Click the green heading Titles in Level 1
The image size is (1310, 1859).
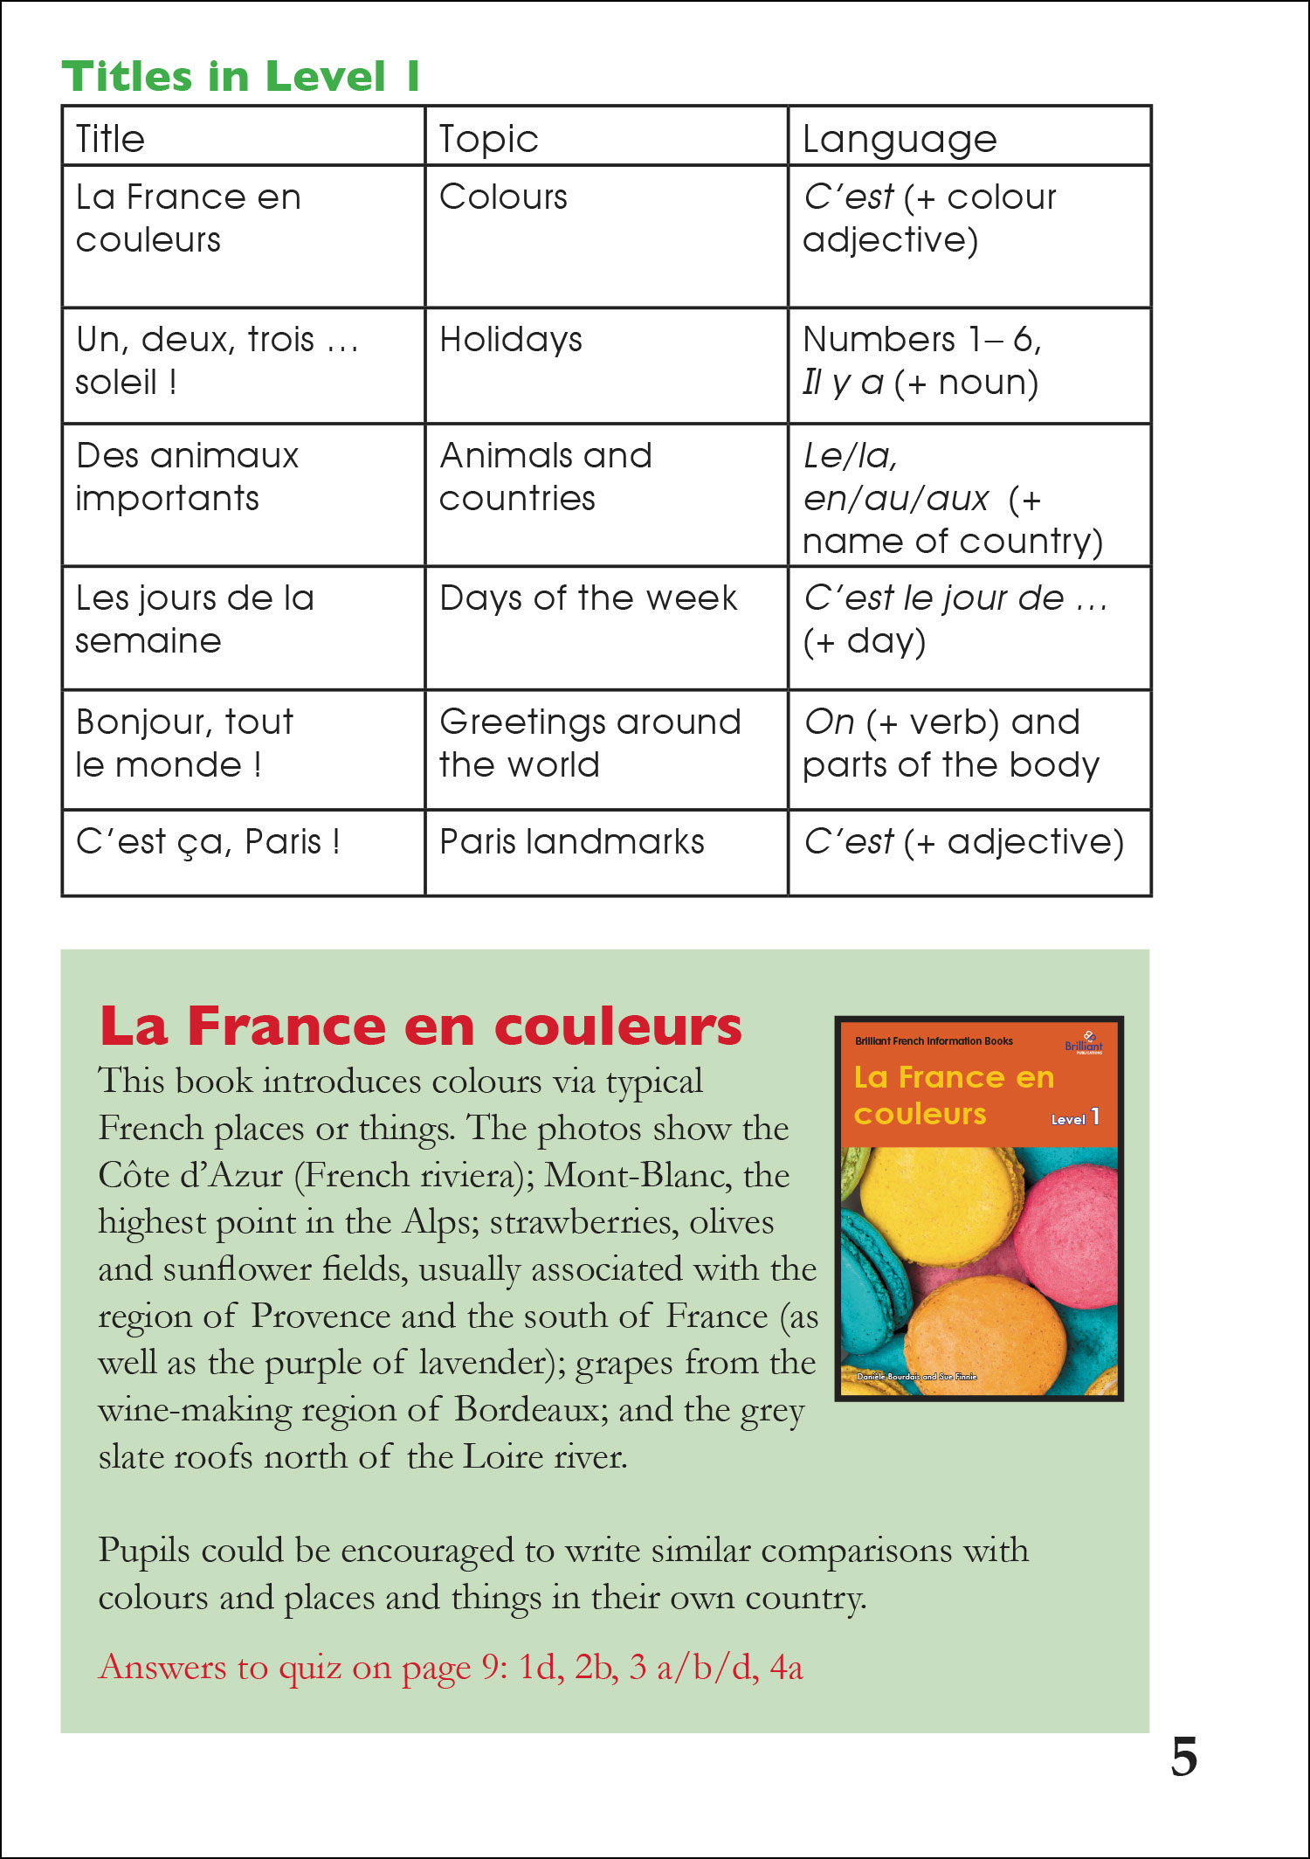pyautogui.click(x=240, y=76)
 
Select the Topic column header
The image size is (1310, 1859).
pyautogui.click(x=488, y=139)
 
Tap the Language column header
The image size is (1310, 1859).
pyautogui.click(x=899, y=139)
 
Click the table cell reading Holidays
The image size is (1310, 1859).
pyautogui.click(x=511, y=340)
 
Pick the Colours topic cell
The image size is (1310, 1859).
pyautogui.click(x=503, y=197)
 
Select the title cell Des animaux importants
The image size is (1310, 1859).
pyautogui.click(x=187, y=477)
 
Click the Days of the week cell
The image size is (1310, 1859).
pyautogui.click(x=588, y=598)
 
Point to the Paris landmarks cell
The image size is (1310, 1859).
pyautogui.click(x=571, y=842)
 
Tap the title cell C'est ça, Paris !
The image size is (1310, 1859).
pyautogui.click(x=208, y=842)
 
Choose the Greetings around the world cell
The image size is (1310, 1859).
pyautogui.click(x=589, y=743)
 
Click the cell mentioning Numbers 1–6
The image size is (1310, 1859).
pyautogui.click(x=921, y=361)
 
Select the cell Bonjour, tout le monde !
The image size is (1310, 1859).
pyautogui.click(x=184, y=743)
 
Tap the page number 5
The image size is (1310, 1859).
pyautogui.click(x=1183, y=1757)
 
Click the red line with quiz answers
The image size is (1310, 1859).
pyautogui.click(x=451, y=1668)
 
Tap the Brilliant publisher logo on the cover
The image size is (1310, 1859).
pyautogui.click(x=1084, y=1043)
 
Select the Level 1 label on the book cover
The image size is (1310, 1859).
pyautogui.click(x=1075, y=1118)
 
